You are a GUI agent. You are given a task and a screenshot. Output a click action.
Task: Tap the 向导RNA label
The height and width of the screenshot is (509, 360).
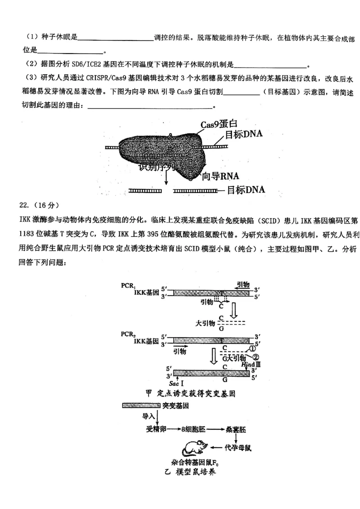pyautogui.click(x=220, y=176)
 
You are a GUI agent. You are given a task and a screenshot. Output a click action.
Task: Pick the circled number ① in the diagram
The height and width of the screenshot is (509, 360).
pyautogui.click(x=252, y=348)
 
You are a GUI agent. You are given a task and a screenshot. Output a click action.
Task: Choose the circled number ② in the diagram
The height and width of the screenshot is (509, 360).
pyautogui.click(x=256, y=357)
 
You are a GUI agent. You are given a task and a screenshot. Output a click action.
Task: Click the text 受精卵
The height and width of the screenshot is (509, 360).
pyautogui.click(x=156, y=429)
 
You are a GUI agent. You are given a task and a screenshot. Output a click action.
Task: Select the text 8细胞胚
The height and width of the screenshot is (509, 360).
pyautogui.click(x=193, y=429)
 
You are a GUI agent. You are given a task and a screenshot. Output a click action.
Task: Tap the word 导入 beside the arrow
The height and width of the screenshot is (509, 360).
pyautogui.click(x=148, y=416)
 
